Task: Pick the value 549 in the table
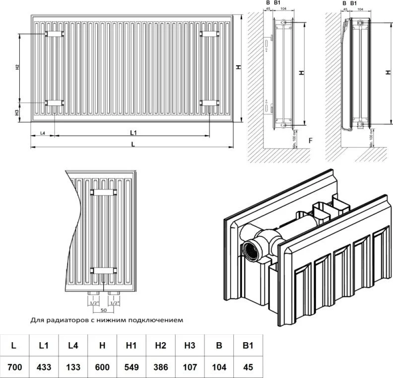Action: click(131, 367)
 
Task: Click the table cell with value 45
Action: click(248, 367)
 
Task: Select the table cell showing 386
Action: click(160, 367)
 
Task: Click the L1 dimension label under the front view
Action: click(133, 132)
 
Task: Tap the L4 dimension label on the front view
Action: click(43, 133)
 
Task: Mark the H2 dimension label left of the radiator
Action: click(17, 67)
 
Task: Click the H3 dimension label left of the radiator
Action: click(17, 112)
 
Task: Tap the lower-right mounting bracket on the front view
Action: click(209, 102)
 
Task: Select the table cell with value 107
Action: click(190, 367)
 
